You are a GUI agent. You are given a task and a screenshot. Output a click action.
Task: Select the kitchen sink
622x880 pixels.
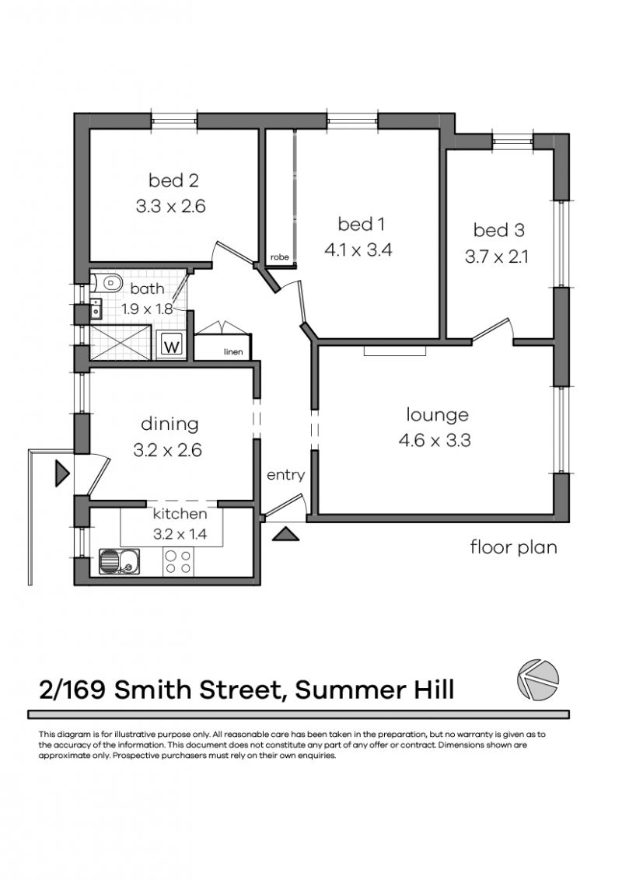tap(120, 561)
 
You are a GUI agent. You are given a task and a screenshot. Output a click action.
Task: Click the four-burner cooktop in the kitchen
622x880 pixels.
tap(178, 562)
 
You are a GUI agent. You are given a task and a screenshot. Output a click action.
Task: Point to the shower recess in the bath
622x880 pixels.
tap(121, 341)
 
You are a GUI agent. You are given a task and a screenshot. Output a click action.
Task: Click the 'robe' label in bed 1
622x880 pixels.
tap(280, 257)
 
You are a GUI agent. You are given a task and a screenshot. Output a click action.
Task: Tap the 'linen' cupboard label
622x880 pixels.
tap(233, 352)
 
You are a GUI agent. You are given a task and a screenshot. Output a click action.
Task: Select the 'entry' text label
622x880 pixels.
tap(286, 475)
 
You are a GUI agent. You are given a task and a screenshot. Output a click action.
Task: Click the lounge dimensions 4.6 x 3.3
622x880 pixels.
tap(435, 440)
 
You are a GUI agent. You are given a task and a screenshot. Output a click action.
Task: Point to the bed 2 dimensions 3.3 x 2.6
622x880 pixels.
tap(170, 206)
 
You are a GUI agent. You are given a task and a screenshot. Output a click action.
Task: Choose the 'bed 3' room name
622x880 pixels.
tap(498, 229)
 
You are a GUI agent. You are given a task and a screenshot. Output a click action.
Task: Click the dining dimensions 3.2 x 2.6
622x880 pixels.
tap(167, 450)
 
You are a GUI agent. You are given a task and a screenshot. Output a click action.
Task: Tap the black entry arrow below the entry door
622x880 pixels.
tap(286, 534)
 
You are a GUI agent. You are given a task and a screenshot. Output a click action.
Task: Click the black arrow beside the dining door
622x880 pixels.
tap(61, 473)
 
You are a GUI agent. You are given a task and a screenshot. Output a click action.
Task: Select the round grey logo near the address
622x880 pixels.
tap(538, 680)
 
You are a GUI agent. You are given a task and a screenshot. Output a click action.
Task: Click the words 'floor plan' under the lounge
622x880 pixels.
tap(514, 547)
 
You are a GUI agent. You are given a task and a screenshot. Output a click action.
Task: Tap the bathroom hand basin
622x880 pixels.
tap(96, 309)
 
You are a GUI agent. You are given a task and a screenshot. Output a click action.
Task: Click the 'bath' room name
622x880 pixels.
tap(147, 288)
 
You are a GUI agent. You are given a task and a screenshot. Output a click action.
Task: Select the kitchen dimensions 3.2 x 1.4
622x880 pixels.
tap(180, 534)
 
